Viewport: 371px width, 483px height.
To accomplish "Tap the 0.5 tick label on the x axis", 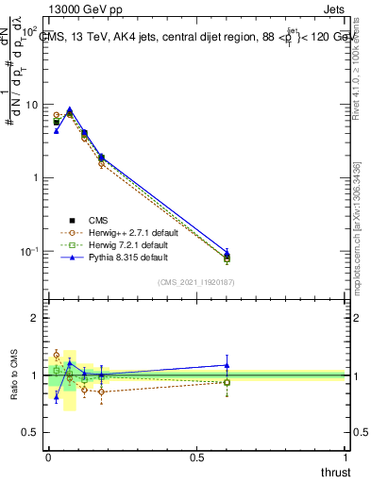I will [197, 458].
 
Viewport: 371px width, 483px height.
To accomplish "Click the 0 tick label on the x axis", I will [48, 458].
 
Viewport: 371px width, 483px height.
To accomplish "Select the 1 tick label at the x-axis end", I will [346, 458].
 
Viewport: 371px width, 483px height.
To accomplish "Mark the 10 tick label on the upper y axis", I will [32, 105].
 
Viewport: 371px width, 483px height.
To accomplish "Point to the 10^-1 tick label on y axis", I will [30, 252].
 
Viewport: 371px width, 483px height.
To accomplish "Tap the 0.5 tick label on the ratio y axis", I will [33, 432].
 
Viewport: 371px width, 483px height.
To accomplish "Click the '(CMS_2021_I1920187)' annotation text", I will [196, 281].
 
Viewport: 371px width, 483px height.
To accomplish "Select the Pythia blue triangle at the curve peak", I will [69, 109].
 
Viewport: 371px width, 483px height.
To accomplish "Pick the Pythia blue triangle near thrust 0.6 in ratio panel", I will [227, 365].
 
